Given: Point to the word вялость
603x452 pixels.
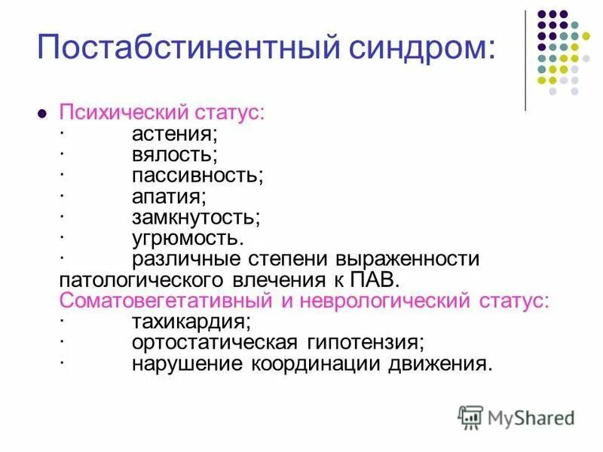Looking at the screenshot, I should tap(174, 156).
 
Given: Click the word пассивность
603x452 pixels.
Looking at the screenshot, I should tap(197, 176).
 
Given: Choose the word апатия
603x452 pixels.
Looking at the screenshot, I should tap(168, 197).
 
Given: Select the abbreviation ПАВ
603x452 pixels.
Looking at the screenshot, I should tap(372, 279).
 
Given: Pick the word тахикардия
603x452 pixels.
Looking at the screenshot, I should tap(191, 322).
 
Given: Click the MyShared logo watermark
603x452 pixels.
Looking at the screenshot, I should tap(516, 416).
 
